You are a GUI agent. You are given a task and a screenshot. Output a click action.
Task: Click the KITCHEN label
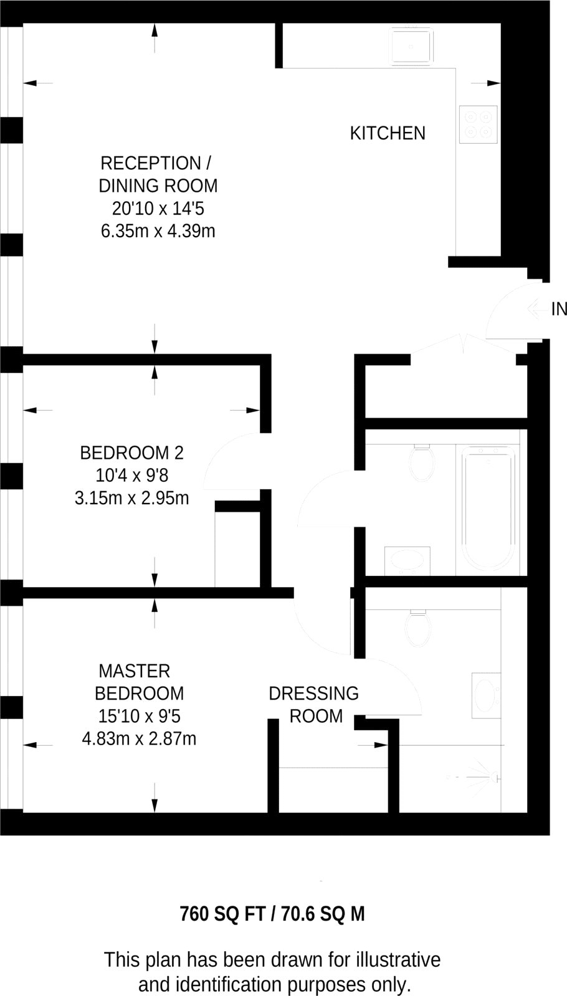[x=388, y=133]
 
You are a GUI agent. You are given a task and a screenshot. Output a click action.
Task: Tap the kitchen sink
[x=411, y=45]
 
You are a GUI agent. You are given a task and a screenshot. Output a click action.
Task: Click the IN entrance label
[x=559, y=309]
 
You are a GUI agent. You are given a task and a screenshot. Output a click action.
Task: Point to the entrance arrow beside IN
[x=536, y=309]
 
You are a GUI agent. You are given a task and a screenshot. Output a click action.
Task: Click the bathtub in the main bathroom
[x=487, y=509]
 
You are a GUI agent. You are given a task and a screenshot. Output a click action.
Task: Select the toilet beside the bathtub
[x=422, y=463]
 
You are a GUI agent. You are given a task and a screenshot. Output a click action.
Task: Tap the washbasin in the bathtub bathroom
[x=407, y=559]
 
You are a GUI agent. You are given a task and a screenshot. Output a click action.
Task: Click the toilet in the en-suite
[x=417, y=627]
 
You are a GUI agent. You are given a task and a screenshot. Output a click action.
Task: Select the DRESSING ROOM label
[x=315, y=705]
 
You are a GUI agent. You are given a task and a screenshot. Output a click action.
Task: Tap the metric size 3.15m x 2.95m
[x=131, y=499]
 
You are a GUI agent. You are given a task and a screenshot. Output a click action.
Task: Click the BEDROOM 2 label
[x=131, y=453]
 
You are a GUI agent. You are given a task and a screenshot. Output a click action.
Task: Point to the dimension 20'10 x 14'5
[x=158, y=209]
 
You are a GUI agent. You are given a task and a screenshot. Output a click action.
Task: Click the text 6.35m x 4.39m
[x=158, y=232]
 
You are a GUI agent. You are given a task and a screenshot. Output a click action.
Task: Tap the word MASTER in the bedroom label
[x=135, y=671]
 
